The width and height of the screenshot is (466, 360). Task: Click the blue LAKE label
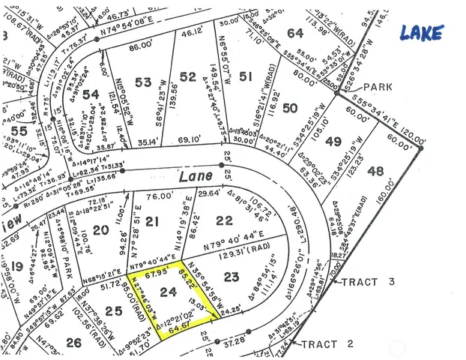[x=420, y=32]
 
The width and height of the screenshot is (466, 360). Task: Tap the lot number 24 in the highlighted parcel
[x=169, y=296]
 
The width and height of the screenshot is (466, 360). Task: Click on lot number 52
[x=188, y=76]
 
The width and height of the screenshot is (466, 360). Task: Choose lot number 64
[x=295, y=33]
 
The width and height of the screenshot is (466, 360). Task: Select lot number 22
[x=224, y=219]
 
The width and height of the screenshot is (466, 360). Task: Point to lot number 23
[x=232, y=277]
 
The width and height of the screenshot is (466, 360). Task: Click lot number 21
[x=153, y=221]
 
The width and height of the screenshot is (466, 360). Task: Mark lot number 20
[x=102, y=229]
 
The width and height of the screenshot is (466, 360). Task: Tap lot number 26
[x=74, y=343]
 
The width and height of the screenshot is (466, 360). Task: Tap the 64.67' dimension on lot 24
[x=177, y=328]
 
